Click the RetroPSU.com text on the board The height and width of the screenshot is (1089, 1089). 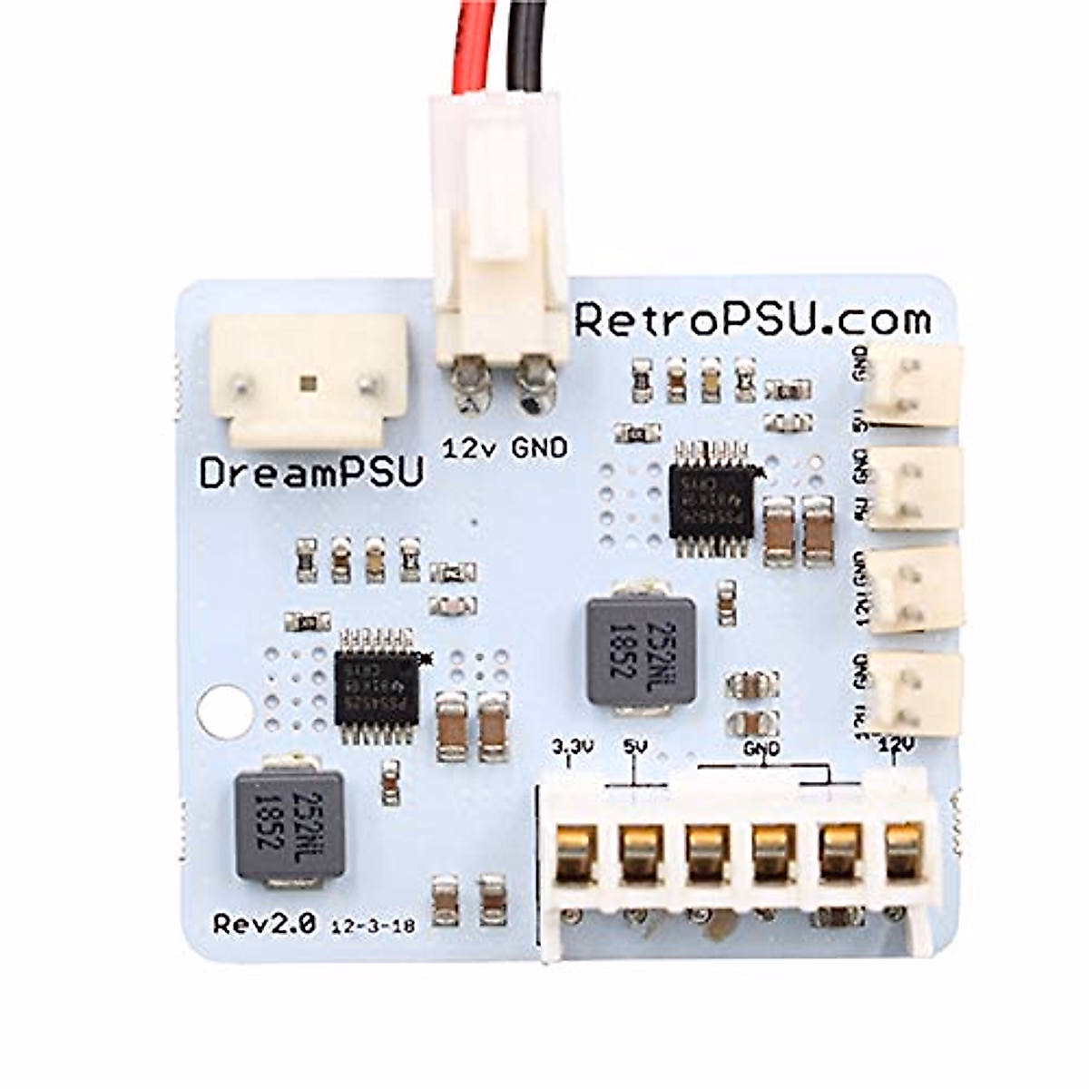(x=752, y=319)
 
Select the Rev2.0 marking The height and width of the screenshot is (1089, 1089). (x=264, y=924)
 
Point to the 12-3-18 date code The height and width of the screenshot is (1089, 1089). (x=373, y=927)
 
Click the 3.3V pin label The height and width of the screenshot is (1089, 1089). (x=573, y=748)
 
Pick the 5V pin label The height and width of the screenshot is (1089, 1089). (x=634, y=748)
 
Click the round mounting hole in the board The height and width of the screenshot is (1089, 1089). (x=221, y=711)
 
